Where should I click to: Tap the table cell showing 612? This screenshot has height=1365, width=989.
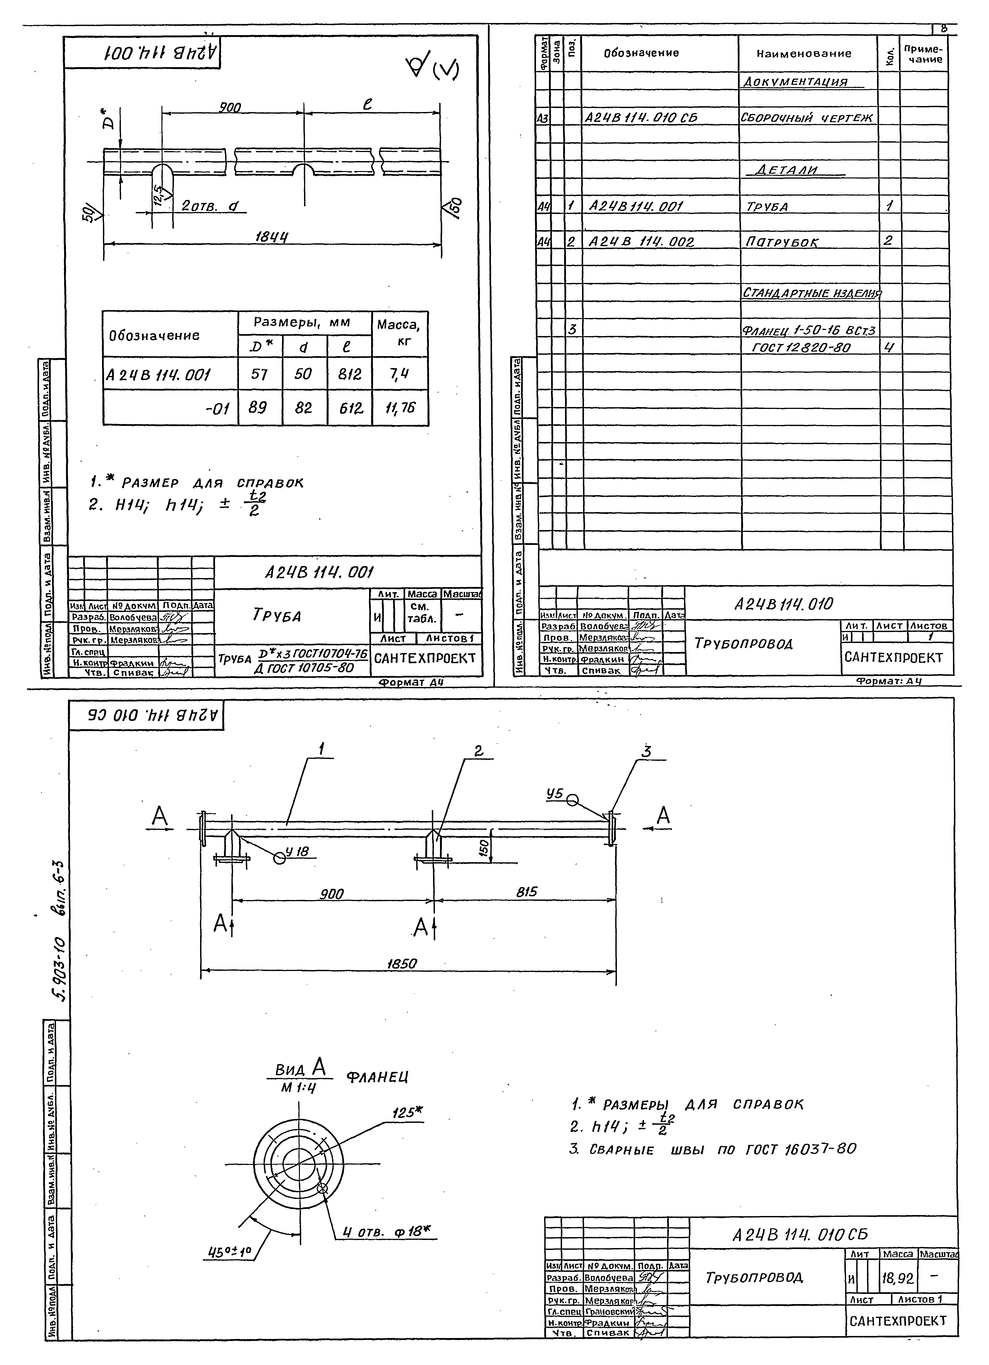pos(350,409)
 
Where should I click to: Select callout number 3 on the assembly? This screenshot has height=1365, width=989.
pos(646,752)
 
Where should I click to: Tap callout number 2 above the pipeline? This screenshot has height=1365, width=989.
pos(478,751)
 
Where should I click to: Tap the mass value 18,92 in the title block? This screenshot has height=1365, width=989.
pos(897,1278)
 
